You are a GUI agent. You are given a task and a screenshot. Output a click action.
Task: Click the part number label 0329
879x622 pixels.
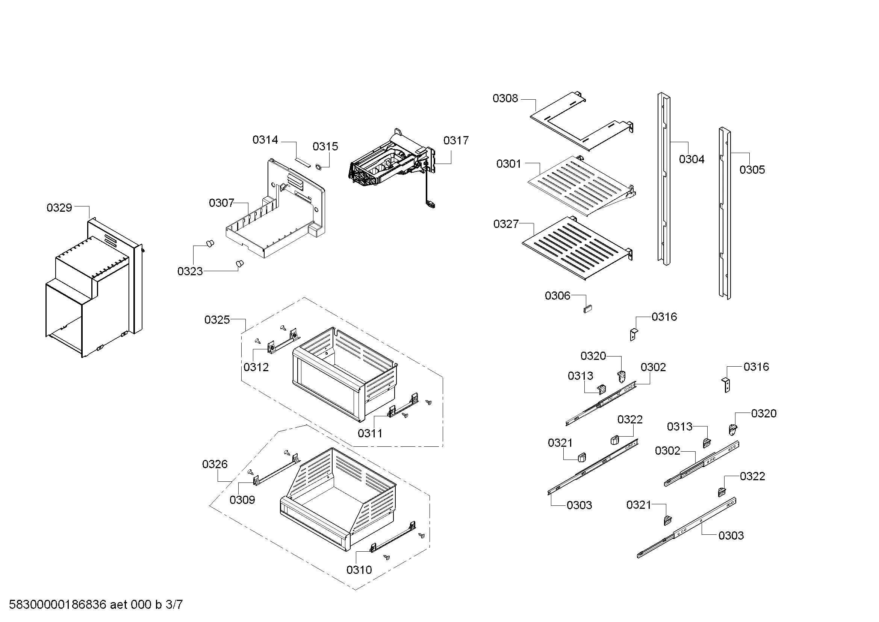pos(59,208)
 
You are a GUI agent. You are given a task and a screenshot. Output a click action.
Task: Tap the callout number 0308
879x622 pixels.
pos(505,99)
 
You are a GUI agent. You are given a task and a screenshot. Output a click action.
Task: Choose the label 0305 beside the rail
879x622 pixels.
pos(752,170)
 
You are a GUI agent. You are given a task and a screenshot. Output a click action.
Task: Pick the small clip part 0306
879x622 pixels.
pos(588,308)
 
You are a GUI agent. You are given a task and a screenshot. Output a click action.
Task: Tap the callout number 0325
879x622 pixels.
pos(217,320)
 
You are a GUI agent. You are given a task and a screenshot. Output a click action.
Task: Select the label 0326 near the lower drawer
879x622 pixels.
pos(215,464)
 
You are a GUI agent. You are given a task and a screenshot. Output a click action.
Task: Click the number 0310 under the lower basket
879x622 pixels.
pos(359,570)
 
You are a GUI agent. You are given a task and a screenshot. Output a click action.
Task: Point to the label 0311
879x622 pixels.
pos(370,433)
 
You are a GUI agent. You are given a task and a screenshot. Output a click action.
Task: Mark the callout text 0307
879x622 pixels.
pos(221,203)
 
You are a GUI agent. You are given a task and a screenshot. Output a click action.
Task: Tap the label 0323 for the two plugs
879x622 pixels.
pos(190,272)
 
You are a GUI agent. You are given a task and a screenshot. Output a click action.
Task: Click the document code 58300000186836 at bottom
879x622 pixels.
pos(57,605)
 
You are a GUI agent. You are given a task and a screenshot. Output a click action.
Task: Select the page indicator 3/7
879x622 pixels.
pos(174,605)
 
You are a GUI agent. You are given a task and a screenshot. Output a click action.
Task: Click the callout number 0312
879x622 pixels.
pos(256,367)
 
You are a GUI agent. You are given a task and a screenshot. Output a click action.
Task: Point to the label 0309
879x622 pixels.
pos(242,500)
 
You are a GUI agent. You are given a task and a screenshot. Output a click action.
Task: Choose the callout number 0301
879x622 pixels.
pos(509,164)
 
